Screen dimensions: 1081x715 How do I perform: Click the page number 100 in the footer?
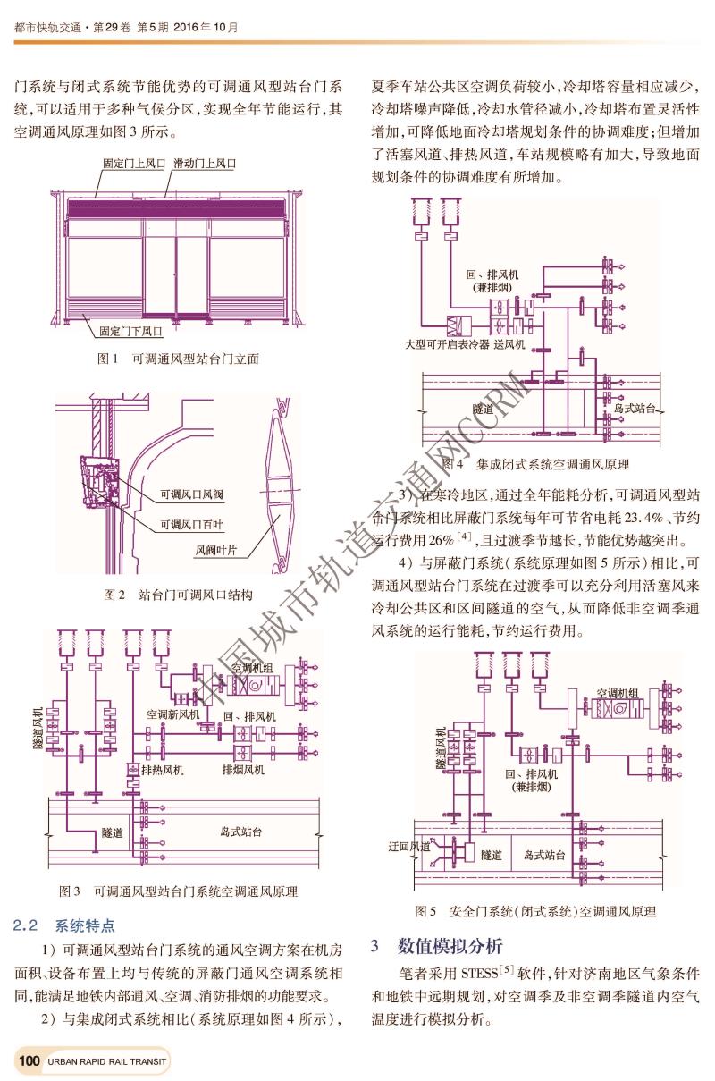tap(29, 1060)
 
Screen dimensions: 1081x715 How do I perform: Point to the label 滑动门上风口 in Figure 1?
tap(204, 164)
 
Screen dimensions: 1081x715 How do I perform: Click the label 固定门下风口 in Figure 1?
tap(131, 330)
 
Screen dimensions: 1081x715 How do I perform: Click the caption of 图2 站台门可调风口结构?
tap(179, 594)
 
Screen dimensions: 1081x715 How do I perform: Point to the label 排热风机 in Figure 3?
tap(163, 769)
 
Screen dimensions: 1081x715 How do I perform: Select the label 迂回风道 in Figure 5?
tap(408, 844)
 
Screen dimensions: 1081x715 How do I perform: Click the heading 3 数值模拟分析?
tap(437, 946)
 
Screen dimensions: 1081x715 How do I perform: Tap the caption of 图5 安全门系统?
tap(536, 911)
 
